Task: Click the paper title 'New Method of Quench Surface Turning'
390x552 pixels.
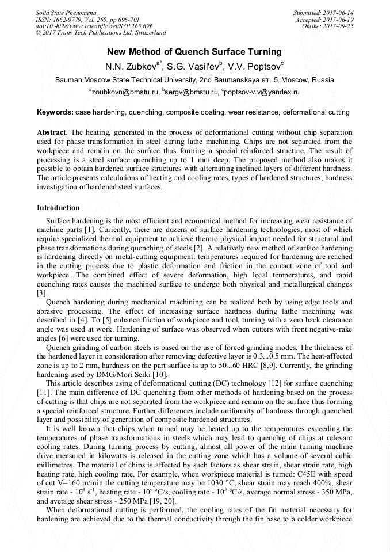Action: [194, 52]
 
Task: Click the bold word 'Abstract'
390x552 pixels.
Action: [51, 132]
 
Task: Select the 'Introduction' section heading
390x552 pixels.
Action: [58, 207]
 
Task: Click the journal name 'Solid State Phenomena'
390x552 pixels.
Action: [66, 12]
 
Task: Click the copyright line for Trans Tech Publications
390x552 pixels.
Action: [101, 33]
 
